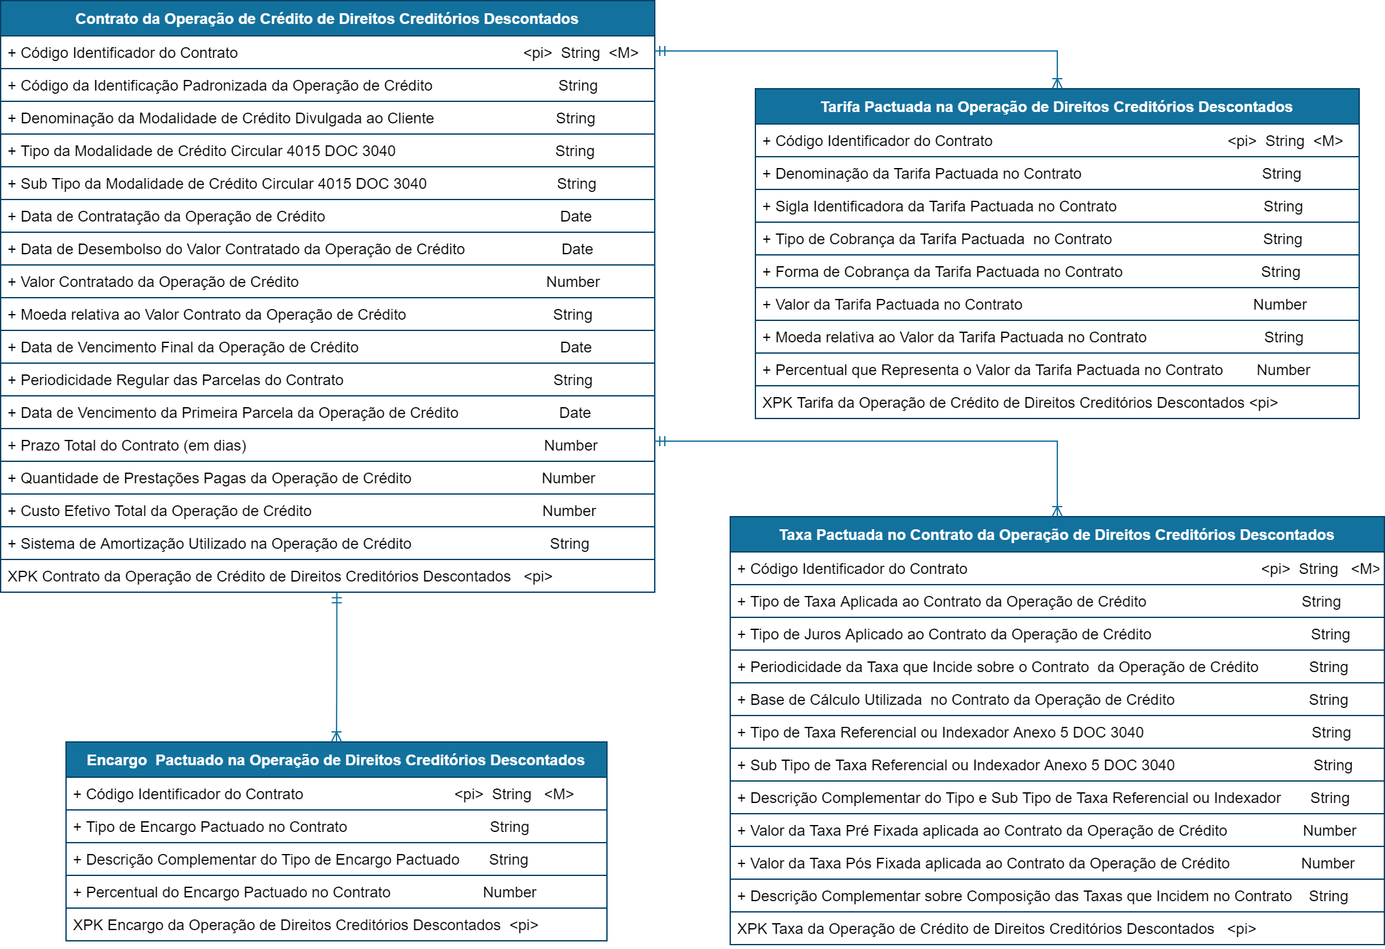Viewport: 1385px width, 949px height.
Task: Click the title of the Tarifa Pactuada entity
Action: [x=1056, y=107]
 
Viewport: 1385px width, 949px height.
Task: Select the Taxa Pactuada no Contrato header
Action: [x=1056, y=535]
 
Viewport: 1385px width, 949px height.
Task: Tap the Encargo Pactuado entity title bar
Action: [x=336, y=760]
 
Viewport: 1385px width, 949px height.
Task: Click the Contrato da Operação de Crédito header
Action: [x=327, y=19]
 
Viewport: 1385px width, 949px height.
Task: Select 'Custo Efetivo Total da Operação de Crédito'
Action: [x=166, y=511]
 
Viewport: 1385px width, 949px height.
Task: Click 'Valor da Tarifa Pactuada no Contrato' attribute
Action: [x=898, y=305]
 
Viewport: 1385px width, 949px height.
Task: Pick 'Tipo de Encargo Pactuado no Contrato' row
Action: [x=216, y=827]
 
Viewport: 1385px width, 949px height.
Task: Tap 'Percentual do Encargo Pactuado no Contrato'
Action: [x=238, y=892]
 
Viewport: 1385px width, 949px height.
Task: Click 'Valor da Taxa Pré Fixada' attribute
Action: [x=988, y=831]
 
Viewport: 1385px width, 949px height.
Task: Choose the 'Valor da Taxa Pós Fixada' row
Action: [x=989, y=863]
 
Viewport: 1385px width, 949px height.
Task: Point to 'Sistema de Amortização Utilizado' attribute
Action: [x=216, y=544]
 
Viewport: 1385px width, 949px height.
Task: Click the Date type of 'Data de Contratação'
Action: [x=576, y=216]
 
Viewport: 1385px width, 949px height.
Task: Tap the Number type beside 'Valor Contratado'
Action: [x=572, y=282]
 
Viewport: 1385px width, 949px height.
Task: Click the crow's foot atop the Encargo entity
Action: [x=337, y=736]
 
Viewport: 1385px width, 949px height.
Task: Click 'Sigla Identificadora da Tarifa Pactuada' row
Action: [x=945, y=206]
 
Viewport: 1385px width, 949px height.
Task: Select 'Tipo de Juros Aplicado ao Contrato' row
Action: [x=950, y=634]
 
